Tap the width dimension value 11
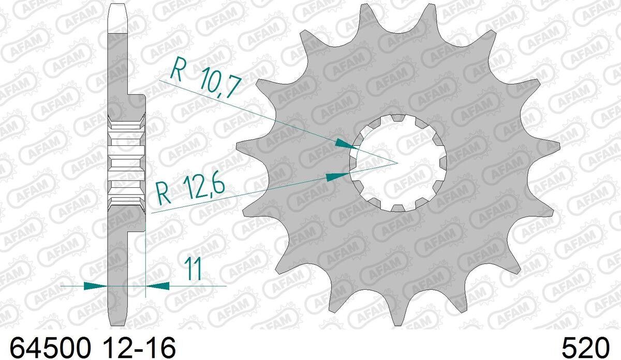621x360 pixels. click(194, 269)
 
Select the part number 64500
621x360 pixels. click(51, 348)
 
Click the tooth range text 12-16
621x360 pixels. click(139, 348)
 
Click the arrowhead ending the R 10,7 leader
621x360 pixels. click(346, 144)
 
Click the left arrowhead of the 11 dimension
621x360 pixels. click(95, 286)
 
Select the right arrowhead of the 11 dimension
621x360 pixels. click(157, 286)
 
